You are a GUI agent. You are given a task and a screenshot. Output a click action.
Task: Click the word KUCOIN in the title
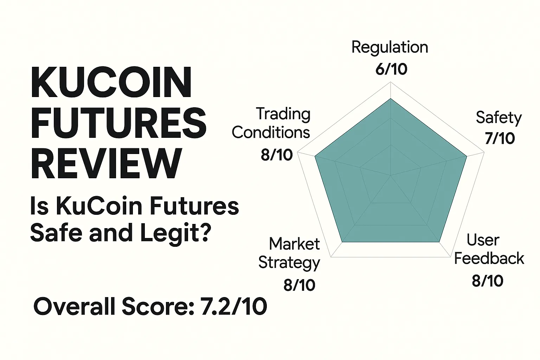[111, 83]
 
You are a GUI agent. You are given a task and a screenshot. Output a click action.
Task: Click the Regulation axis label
[390, 47]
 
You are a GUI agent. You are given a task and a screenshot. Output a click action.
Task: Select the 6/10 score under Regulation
[391, 69]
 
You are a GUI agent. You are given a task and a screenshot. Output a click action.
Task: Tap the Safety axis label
[499, 117]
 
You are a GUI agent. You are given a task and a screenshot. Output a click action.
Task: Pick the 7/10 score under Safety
[500, 138]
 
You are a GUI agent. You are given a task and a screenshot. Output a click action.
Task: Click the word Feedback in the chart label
[489, 259]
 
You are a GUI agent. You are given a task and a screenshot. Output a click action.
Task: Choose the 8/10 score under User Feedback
[488, 281]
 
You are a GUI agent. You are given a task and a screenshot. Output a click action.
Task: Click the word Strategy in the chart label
[289, 263]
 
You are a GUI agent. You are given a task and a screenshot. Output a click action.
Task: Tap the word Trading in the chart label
[283, 114]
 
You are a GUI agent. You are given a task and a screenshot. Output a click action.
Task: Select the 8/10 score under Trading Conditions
[277, 155]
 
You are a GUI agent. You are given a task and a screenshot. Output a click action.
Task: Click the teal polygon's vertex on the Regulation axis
[391, 99]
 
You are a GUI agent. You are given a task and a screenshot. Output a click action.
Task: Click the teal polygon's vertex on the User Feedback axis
[439, 242]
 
